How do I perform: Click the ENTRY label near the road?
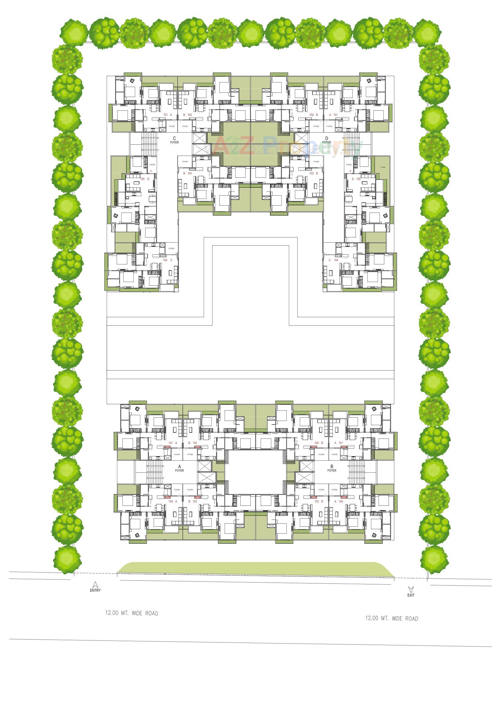pos(95,590)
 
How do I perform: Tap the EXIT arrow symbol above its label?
pos(411,589)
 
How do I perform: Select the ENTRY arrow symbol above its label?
pos(95,584)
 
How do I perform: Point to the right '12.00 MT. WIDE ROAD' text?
pos(391,618)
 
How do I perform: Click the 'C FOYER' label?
pos(174,140)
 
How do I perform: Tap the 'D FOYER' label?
pos(326,140)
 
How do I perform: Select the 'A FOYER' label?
pos(179,469)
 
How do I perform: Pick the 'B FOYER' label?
pos(332,469)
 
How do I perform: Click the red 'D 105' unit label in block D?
pos(356,179)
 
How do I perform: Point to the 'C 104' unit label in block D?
pos(333,260)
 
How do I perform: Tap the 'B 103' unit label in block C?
pos(187,173)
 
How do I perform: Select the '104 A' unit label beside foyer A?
pos(173,502)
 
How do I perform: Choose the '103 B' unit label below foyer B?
pos(319,502)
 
